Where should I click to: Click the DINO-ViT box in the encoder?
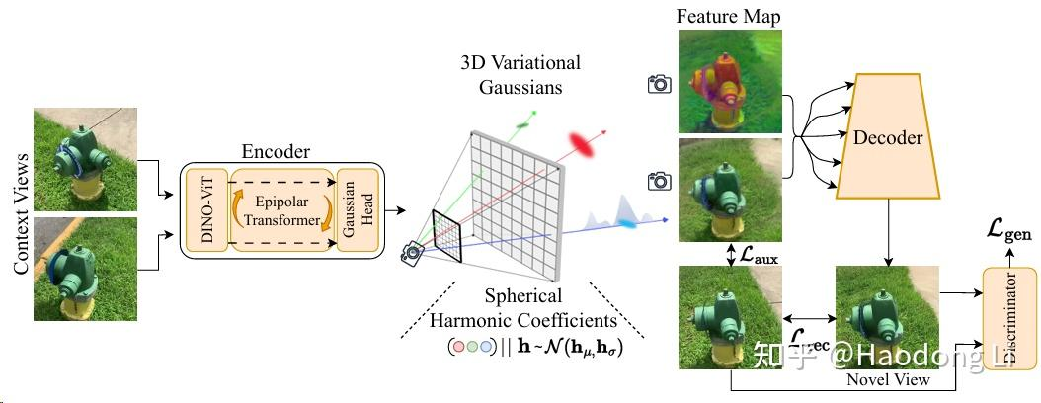[x=205, y=208]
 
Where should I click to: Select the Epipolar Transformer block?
[x=282, y=208]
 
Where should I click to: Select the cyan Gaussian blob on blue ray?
[x=627, y=225]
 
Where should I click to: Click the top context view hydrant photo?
[x=86, y=159]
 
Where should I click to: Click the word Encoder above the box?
[x=276, y=152]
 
